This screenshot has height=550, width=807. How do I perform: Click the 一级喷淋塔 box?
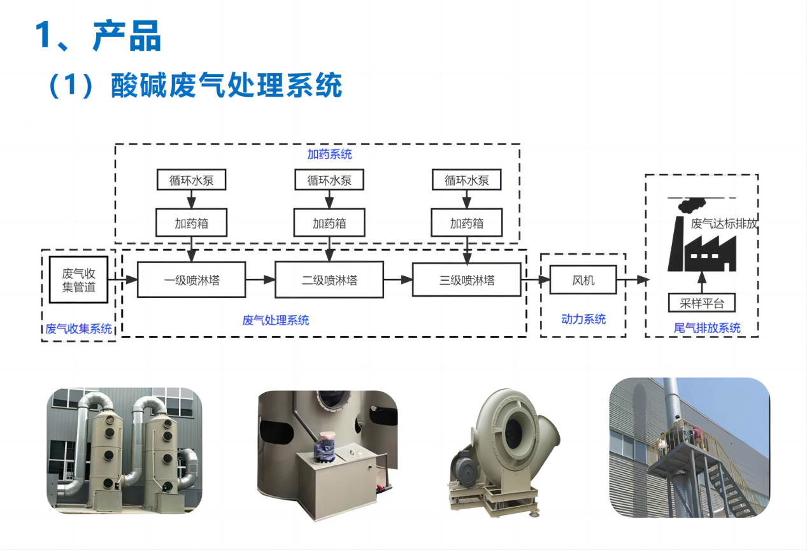191,279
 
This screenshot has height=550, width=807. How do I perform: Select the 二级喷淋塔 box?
329,279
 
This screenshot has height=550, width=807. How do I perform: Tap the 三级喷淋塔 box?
466,279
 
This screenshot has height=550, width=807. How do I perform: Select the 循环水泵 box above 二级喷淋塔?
329,180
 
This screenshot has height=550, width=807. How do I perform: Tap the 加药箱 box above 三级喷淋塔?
466,223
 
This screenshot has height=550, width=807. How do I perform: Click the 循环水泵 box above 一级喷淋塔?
191,180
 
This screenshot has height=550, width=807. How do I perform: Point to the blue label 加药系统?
329,155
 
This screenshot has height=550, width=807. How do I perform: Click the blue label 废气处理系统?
276,320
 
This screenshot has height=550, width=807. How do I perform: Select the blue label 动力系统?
583,319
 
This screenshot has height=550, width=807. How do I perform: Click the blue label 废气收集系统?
78,329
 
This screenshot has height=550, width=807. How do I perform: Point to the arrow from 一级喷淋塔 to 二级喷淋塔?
260,279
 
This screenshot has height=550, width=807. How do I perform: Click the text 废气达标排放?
724,223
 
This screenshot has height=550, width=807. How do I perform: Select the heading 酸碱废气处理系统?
226,85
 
